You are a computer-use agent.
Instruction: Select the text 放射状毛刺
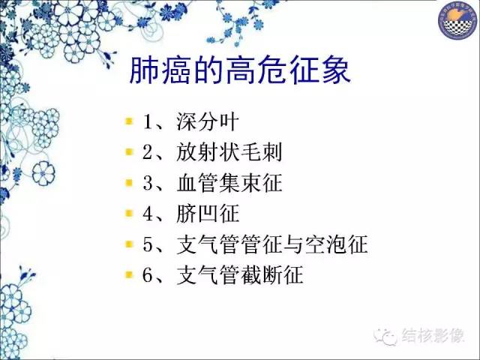223,152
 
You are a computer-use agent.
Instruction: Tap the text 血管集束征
223,183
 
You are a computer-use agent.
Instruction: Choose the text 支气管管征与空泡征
271,244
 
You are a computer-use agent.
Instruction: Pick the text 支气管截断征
239,275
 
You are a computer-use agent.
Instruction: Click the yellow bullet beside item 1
129,121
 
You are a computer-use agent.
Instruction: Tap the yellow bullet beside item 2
129,151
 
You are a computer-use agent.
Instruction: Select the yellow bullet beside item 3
129,182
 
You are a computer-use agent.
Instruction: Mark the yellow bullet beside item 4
129,213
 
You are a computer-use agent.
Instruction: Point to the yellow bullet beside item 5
129,244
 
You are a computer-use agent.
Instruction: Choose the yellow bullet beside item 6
129,274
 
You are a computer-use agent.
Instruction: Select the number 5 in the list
148,245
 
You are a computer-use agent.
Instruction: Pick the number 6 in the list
148,276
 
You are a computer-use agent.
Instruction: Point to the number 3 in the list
148,184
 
